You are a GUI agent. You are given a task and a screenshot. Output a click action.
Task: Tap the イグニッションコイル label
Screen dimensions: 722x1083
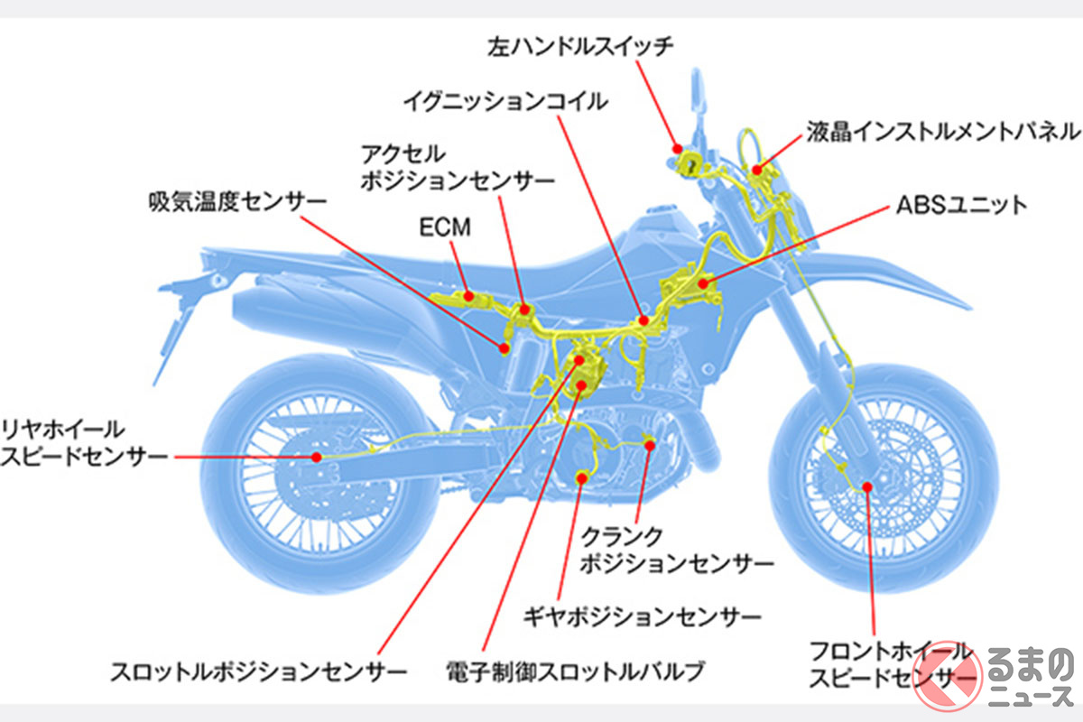click(x=506, y=101)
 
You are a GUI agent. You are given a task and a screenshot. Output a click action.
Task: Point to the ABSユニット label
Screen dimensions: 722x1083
click(x=962, y=205)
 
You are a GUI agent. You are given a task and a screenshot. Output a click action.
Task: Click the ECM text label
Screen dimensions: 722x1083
click(x=445, y=227)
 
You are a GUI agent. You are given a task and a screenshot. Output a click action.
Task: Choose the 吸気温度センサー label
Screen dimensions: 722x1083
click(x=236, y=200)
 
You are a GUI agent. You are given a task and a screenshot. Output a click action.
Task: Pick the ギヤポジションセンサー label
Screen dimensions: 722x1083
click(x=642, y=617)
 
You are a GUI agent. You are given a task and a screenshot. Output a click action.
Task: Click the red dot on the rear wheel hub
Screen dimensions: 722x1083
click(x=317, y=458)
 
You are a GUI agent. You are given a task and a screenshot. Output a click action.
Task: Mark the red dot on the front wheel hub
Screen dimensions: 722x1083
click(x=866, y=486)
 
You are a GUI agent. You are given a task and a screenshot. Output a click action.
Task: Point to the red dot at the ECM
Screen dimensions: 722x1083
click(x=468, y=295)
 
